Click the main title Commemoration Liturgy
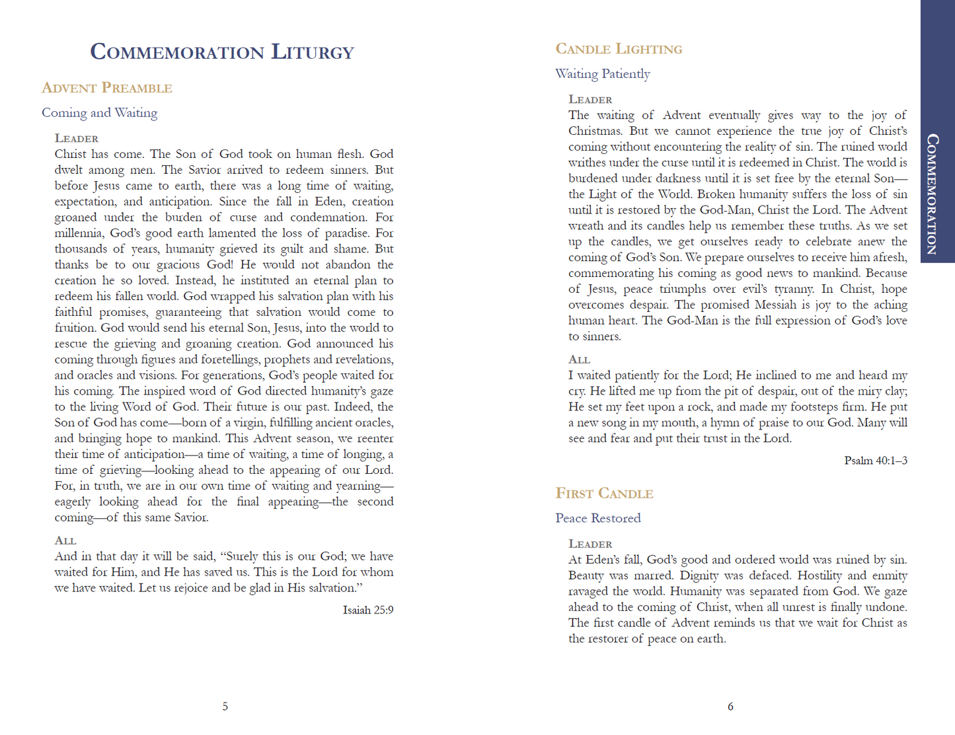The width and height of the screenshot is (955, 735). click(222, 52)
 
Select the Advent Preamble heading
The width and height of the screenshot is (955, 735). click(107, 88)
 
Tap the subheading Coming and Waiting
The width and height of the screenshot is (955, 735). click(100, 113)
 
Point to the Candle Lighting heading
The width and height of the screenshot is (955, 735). click(619, 49)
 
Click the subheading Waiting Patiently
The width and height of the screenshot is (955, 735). click(603, 74)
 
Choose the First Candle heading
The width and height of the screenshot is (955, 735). click(604, 494)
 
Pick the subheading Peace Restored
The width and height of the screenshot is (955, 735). click(598, 518)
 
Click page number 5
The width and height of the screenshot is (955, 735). click(225, 707)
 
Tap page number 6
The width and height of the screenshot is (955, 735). click(730, 707)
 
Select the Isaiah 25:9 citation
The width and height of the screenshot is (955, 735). click(368, 610)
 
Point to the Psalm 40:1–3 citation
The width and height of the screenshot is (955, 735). click(876, 461)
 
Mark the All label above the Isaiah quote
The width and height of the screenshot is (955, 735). click(65, 541)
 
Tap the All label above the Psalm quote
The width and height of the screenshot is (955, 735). click(579, 360)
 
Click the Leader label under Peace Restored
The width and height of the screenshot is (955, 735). click(590, 544)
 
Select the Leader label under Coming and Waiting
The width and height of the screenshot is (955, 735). click(77, 139)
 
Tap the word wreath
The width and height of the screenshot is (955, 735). click(585, 226)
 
